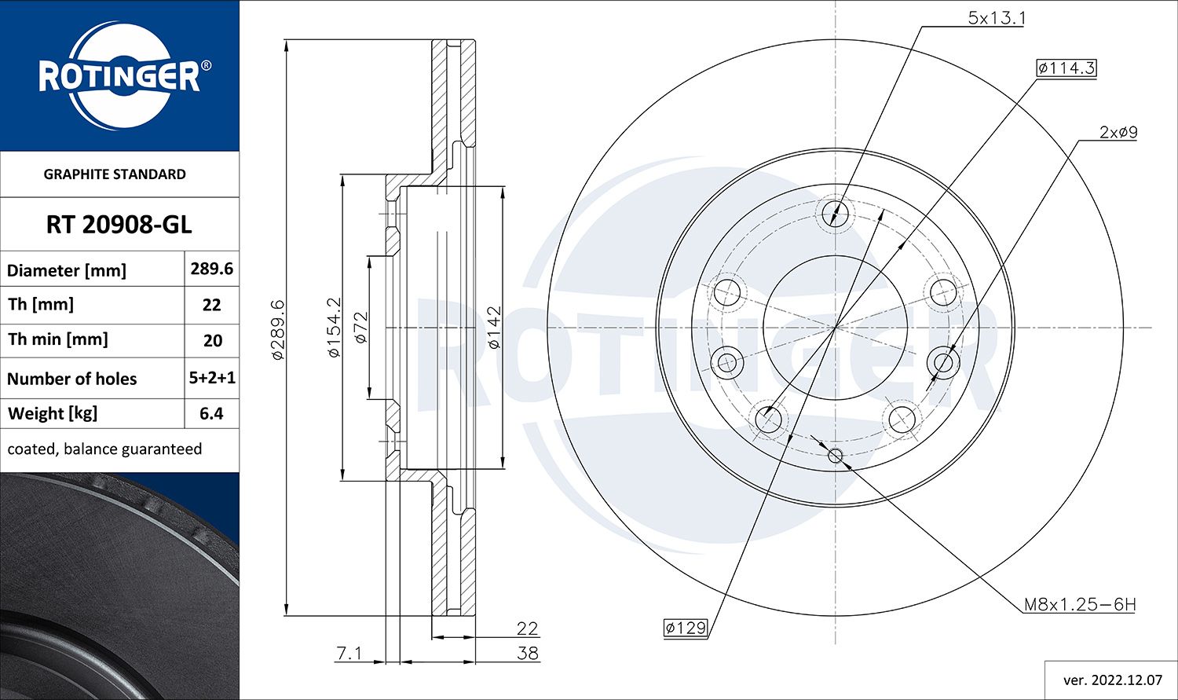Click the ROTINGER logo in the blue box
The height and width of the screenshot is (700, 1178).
coord(119,76)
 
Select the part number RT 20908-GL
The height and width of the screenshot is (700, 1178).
coord(119,225)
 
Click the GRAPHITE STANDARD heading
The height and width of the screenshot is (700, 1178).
coord(115,174)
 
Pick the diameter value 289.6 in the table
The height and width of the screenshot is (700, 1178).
coord(211,269)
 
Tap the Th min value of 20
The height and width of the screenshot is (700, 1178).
coord(212,341)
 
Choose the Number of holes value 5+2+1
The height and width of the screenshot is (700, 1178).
coord(212,378)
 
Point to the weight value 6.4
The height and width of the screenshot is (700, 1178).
coord(211,413)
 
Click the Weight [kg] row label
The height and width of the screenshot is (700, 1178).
coord(52,413)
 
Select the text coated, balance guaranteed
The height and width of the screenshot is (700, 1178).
coord(104,449)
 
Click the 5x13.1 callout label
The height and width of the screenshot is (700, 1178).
coord(996,18)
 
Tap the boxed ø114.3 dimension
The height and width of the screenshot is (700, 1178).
coord(1066,68)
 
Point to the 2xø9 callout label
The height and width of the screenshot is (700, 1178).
coord(1118,133)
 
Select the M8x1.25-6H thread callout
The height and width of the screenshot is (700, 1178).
coord(1079,605)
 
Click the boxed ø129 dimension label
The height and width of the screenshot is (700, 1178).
coord(685,628)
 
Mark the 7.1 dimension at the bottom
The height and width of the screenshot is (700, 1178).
coord(349,653)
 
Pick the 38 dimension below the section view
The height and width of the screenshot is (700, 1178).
coord(528,653)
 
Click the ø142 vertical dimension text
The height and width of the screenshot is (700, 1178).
coord(494,328)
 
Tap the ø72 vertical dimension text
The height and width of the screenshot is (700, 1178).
coord(360,328)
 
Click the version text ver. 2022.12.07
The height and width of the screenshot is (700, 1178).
coord(1110,680)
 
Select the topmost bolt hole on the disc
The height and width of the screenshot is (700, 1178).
coord(836,212)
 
